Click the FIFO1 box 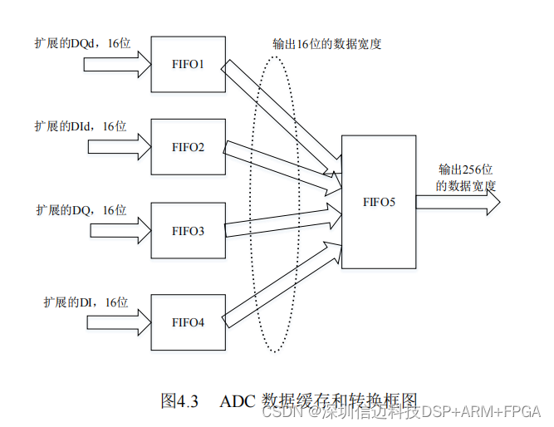coord(188,63)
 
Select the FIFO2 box coord(188,147)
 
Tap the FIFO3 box coord(188,230)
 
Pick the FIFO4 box coord(188,321)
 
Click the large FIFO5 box coord(378,202)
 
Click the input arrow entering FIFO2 coord(120,148)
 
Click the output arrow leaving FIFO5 coord(457,203)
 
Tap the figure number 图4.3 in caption coord(179,401)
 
